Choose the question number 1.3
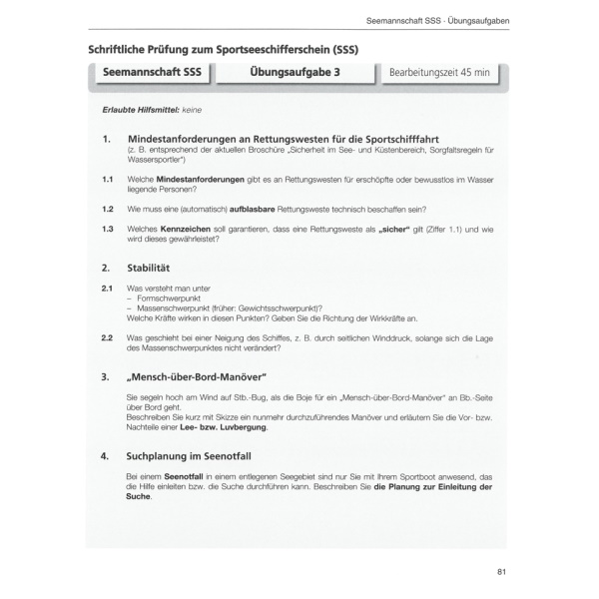107,229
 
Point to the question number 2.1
107,288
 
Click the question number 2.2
107,337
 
